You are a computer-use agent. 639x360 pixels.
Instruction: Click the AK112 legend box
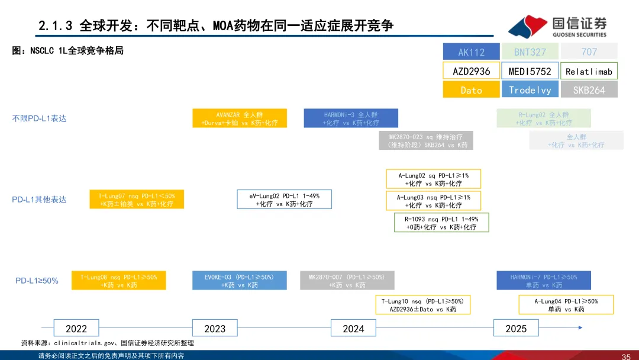[x=471, y=52]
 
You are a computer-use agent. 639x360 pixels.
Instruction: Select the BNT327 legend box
[x=530, y=52]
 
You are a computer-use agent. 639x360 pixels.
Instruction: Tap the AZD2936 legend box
[x=471, y=71]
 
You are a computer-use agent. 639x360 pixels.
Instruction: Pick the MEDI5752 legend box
[x=530, y=71]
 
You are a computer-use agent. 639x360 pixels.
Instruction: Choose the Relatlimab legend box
[x=589, y=71]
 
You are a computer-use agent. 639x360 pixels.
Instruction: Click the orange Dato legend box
[x=471, y=90]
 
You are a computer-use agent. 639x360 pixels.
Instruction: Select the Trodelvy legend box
[x=530, y=90]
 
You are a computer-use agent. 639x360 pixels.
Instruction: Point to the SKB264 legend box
[x=589, y=90]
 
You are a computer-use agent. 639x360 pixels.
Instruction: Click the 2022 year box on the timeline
[x=76, y=329]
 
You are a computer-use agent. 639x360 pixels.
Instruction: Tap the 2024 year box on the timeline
[x=353, y=329]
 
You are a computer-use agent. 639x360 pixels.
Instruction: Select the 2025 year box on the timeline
[x=516, y=329]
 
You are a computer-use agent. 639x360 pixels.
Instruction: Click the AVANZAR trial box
[x=240, y=118]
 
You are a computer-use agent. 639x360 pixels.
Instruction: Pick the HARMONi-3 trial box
[x=351, y=118]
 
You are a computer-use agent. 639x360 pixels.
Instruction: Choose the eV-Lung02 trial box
[x=284, y=200]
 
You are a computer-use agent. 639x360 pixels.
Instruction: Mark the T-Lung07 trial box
[x=137, y=200]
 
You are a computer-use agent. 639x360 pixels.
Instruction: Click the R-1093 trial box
[x=441, y=223]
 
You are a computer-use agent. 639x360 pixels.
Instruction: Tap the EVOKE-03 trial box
[x=240, y=281]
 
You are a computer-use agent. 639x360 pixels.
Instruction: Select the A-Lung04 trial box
[x=566, y=305]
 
